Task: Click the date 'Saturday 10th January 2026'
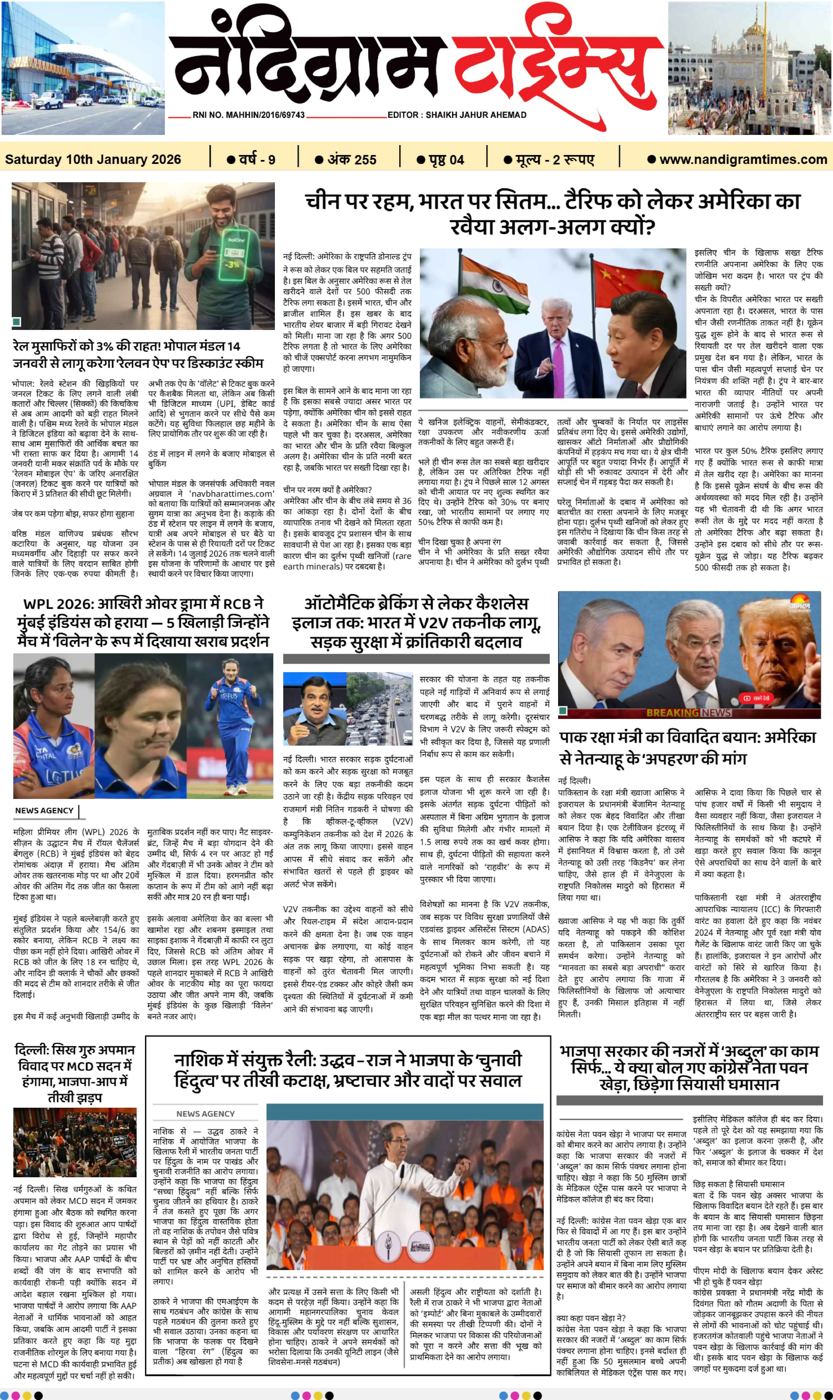click(x=93, y=159)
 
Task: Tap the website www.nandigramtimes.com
click(x=738, y=159)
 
